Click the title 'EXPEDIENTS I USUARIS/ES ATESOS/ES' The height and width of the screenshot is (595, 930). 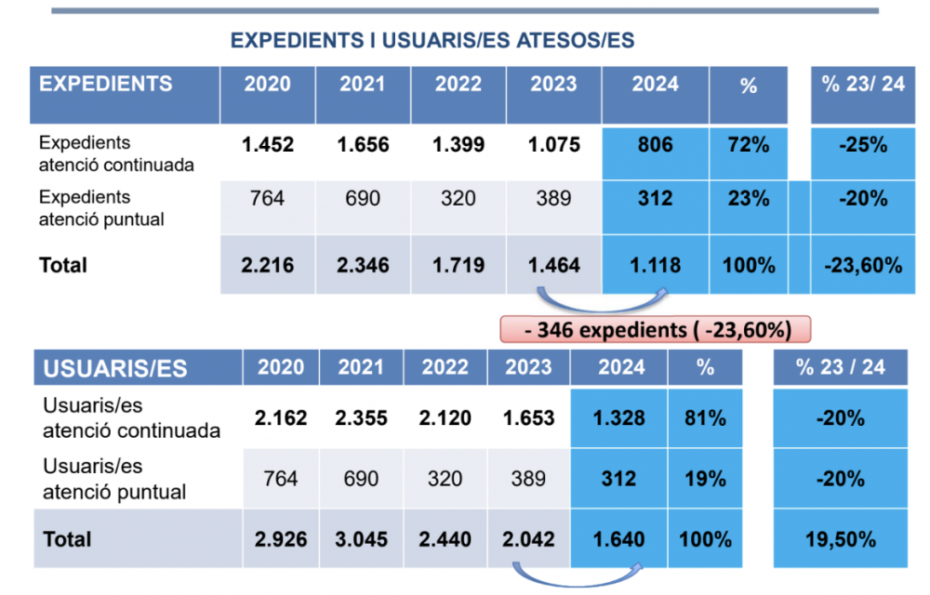tap(432, 41)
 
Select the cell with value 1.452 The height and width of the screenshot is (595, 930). tap(268, 145)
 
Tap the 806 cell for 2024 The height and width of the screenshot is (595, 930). tap(656, 145)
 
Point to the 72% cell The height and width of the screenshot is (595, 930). tap(748, 145)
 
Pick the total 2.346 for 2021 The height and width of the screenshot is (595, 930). tap(363, 265)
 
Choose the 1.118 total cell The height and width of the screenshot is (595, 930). tap(656, 265)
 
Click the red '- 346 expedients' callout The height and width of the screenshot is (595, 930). tap(656, 328)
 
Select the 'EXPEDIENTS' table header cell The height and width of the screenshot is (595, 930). tap(106, 84)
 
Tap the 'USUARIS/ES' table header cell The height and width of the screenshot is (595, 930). tap(115, 368)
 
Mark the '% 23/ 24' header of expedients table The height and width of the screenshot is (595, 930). tap(863, 85)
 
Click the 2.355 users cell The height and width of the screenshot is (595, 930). tap(360, 418)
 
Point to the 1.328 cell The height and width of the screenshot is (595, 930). tap(618, 418)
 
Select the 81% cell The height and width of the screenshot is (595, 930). tap(705, 418)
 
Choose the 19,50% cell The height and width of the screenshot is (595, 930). tap(841, 538)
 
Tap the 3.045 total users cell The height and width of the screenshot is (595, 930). tap(360, 538)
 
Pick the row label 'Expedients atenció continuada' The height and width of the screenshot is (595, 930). tap(116, 154)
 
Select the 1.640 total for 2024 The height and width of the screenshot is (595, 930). tap(618, 538)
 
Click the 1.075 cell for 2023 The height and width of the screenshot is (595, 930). tap(554, 145)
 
